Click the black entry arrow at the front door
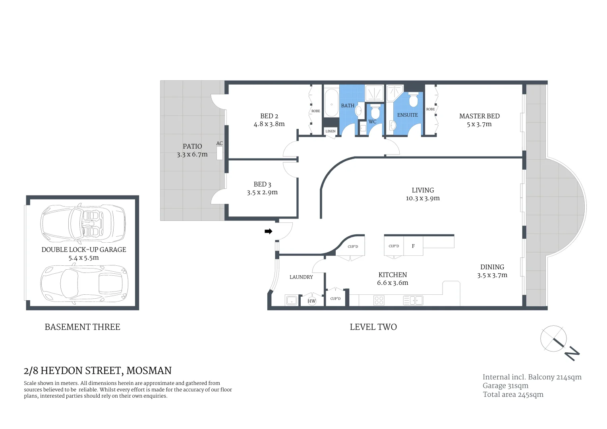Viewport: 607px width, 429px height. [269, 231]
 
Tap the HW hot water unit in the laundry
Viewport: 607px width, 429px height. [312, 301]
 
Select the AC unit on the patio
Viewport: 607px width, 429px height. [220, 153]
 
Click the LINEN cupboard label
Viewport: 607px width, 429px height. [331, 131]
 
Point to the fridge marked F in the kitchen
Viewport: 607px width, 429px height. [413, 246]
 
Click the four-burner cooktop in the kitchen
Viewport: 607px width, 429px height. [379, 300]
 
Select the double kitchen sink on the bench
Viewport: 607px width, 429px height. [413, 300]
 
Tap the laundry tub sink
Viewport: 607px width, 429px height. [292, 300]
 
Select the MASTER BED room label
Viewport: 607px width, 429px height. [479, 116]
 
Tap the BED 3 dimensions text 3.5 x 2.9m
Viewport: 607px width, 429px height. [262, 192]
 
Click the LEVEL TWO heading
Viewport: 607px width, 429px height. [373, 327]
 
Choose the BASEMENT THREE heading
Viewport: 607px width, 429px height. [82, 327]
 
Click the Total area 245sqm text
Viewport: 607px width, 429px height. [513, 394]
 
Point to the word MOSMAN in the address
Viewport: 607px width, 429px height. [149, 371]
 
